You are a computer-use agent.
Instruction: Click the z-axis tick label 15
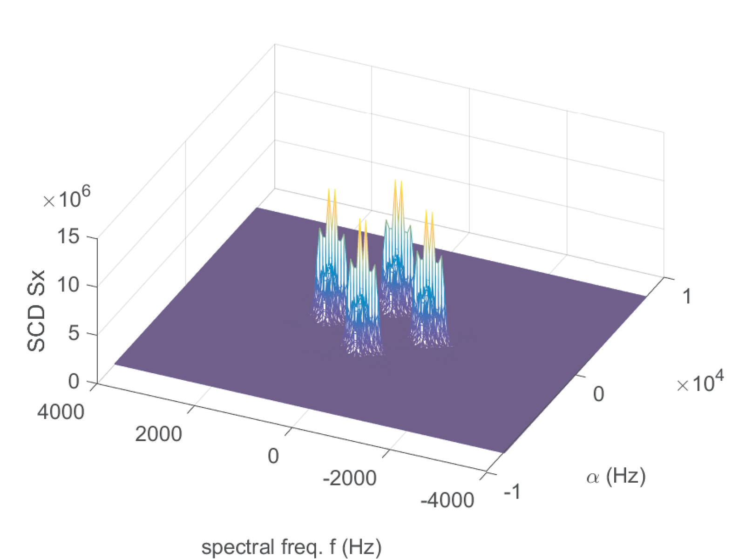68,237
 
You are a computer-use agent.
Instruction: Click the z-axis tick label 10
68,285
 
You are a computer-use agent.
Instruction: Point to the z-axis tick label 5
74,333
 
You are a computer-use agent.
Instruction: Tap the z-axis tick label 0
74,381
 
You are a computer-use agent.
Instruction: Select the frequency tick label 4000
61,412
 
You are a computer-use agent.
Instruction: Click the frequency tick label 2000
158,434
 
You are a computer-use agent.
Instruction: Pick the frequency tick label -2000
349,478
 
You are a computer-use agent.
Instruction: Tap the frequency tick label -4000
447,500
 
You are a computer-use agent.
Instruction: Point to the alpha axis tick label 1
687,296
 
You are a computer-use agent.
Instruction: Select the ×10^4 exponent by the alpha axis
700,383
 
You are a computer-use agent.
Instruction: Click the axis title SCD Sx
36,310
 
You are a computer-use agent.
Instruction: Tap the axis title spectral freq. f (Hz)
291,547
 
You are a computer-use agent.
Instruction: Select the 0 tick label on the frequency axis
273,456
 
